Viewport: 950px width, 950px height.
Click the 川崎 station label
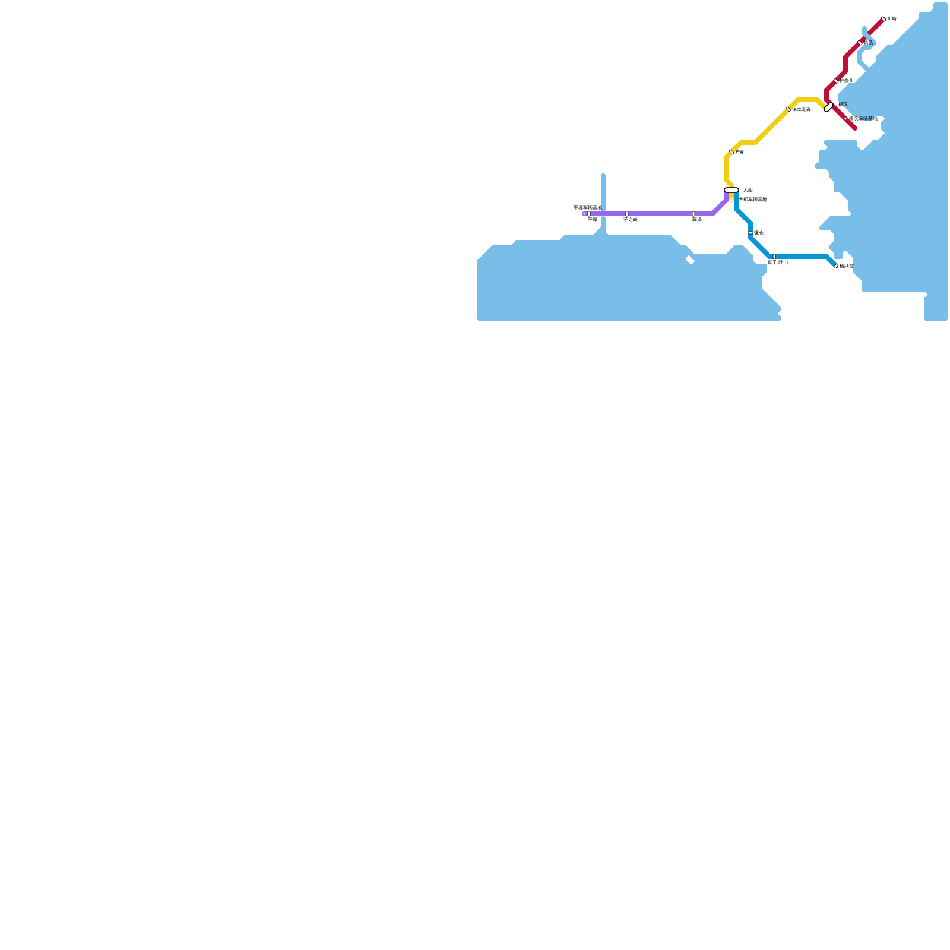pos(891,19)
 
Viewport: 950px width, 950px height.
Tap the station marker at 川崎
pos(883,19)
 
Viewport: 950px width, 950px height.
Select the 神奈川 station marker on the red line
pos(836,81)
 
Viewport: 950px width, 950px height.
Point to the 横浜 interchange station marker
pos(829,107)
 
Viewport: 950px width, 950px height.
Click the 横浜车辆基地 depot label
pos(863,119)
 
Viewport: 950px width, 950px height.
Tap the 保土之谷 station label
pos(802,109)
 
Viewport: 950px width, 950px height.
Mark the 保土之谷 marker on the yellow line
pos(788,109)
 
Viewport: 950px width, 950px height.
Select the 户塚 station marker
pos(731,152)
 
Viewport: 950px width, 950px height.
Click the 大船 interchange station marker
pos(731,190)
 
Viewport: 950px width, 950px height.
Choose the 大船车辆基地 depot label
pos(753,199)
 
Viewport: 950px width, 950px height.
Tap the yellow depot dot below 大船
pos(731,199)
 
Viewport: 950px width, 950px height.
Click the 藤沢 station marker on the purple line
pos(693,214)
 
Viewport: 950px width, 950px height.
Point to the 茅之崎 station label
pos(631,220)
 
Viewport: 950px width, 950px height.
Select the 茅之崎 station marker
pos(627,214)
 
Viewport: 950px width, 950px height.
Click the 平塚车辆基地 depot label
pos(587,208)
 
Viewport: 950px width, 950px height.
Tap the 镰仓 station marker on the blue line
pos(750,233)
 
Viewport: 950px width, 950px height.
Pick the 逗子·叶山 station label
pos(777,262)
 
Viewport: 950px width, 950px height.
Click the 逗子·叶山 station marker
pos(774,256)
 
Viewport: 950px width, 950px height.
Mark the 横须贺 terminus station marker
pos(836,266)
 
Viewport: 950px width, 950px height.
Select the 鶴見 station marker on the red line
pos(860,43)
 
